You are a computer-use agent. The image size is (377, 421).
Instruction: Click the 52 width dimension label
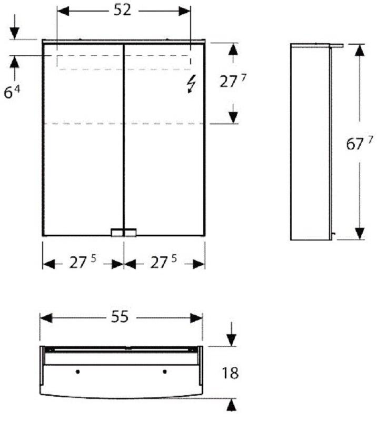coord(122,10)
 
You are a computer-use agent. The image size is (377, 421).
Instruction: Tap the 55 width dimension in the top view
coord(120,317)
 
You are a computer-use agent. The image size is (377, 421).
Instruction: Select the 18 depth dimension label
coord(230,373)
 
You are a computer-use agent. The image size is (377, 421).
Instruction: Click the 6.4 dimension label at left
coord(12,92)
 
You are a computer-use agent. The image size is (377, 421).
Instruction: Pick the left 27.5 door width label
coord(83,262)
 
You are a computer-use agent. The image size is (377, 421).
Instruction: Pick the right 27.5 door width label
coord(163,262)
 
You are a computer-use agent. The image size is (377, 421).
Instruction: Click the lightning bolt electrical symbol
coord(191,84)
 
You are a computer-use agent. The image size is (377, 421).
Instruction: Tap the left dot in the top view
coord(78,372)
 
